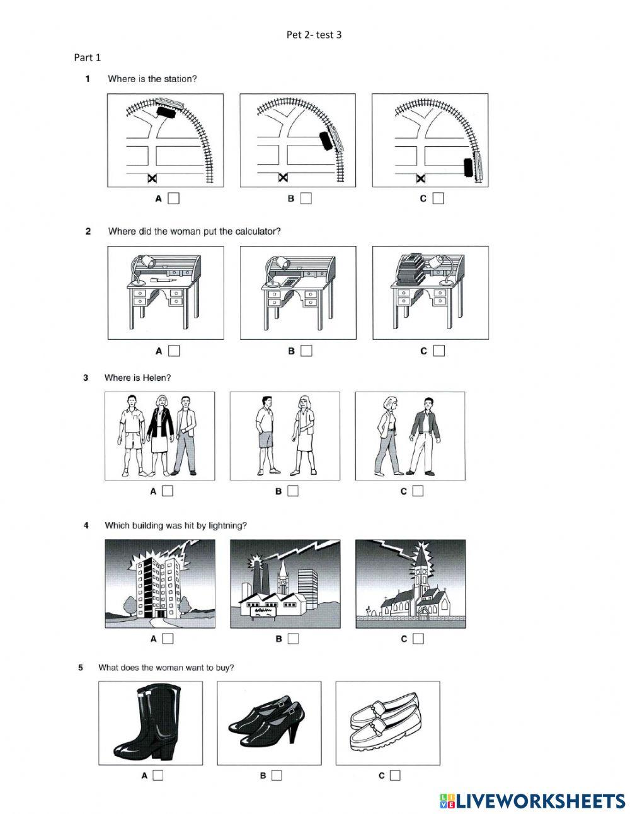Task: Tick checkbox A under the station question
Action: pyautogui.click(x=174, y=199)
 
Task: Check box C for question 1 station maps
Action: pyautogui.click(x=438, y=199)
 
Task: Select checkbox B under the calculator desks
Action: pyautogui.click(x=306, y=351)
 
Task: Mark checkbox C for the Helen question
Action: pyautogui.click(x=418, y=491)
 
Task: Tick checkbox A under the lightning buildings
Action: pyautogui.click(x=168, y=639)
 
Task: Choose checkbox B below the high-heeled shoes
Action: pyautogui.click(x=277, y=776)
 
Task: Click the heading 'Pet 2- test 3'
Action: pyautogui.click(x=314, y=35)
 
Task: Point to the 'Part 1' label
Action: pyautogui.click(x=88, y=57)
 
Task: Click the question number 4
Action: pyautogui.click(x=86, y=525)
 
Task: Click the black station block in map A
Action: pyautogui.click(x=166, y=112)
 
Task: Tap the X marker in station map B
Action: pyautogui.click(x=283, y=179)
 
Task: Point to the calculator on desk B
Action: pyautogui.click(x=289, y=282)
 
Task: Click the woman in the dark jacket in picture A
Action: pyautogui.click(x=161, y=435)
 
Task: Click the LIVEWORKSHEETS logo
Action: pyautogui.click(x=532, y=801)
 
